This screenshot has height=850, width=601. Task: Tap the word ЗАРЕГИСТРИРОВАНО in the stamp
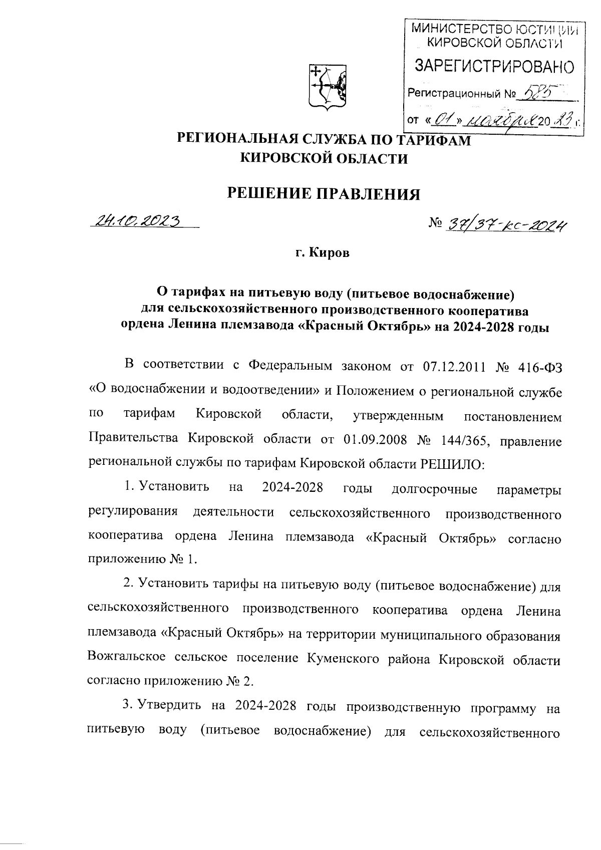pos(494,66)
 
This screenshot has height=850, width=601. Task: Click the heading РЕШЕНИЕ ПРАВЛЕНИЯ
pos(324,193)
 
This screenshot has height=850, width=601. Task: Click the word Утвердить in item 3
pos(168,707)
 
